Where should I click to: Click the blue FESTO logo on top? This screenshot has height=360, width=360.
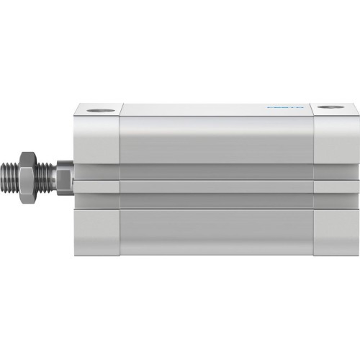pyautogui.click(x=284, y=108)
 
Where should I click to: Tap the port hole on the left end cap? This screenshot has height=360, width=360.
pyautogui.click(x=98, y=109)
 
